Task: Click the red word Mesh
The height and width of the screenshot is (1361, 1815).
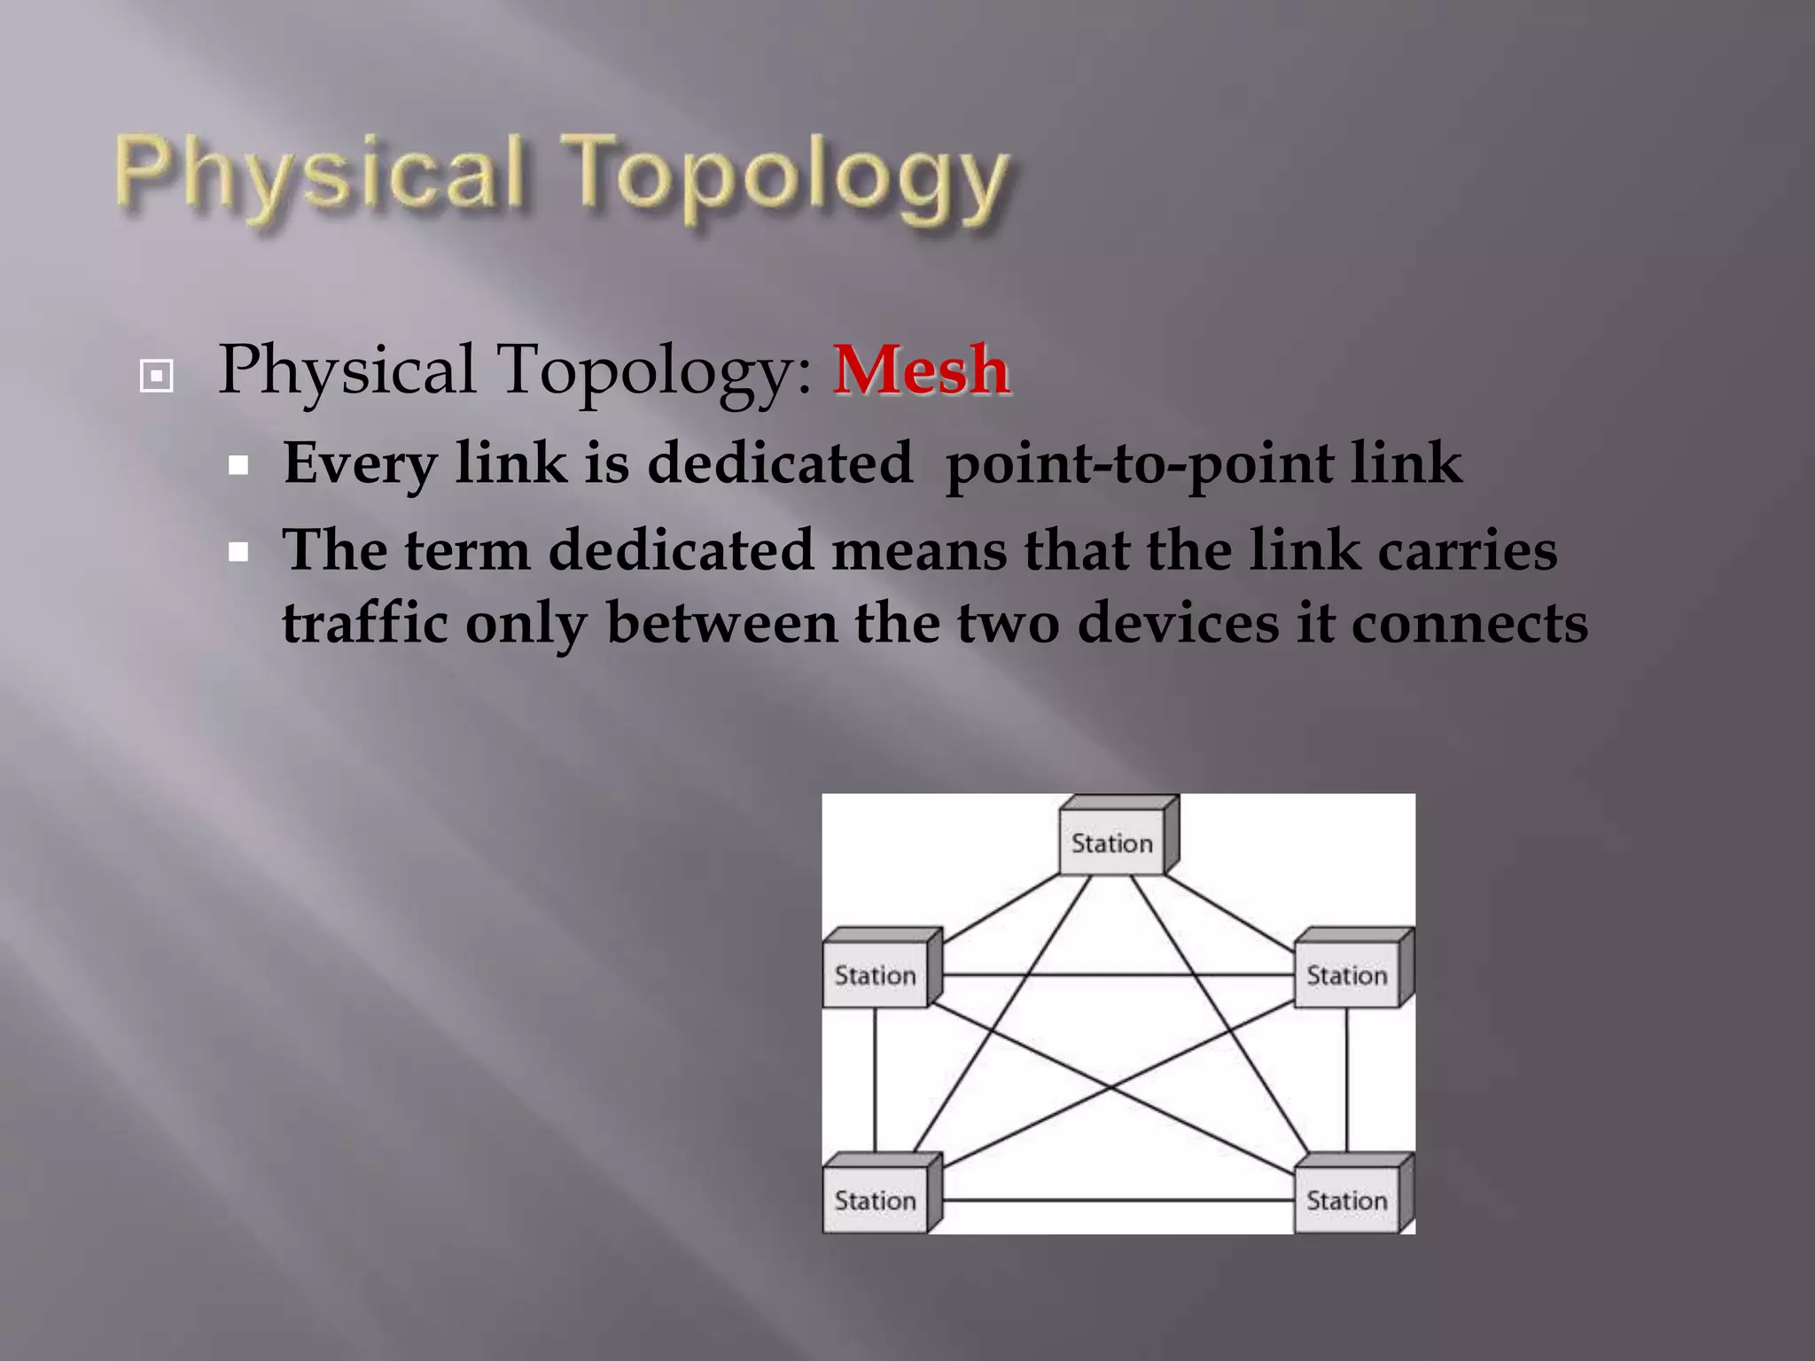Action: point(921,370)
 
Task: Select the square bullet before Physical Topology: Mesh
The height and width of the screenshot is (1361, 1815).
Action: point(157,376)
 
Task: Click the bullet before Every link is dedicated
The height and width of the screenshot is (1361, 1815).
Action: point(238,465)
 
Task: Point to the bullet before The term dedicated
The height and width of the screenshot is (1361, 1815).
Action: point(238,553)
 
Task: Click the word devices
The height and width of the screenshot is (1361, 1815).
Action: point(1179,622)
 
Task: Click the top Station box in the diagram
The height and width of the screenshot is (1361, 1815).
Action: point(1112,843)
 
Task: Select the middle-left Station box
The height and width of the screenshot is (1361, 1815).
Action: point(876,975)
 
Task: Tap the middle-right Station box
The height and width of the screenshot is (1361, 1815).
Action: point(1347,975)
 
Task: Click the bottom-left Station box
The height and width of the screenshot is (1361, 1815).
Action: point(876,1201)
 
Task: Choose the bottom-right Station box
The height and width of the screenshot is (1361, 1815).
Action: point(1347,1201)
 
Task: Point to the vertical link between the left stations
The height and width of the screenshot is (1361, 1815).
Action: point(875,1081)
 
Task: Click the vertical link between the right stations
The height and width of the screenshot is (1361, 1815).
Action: point(1347,1081)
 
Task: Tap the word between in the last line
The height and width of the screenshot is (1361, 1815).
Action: point(721,622)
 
